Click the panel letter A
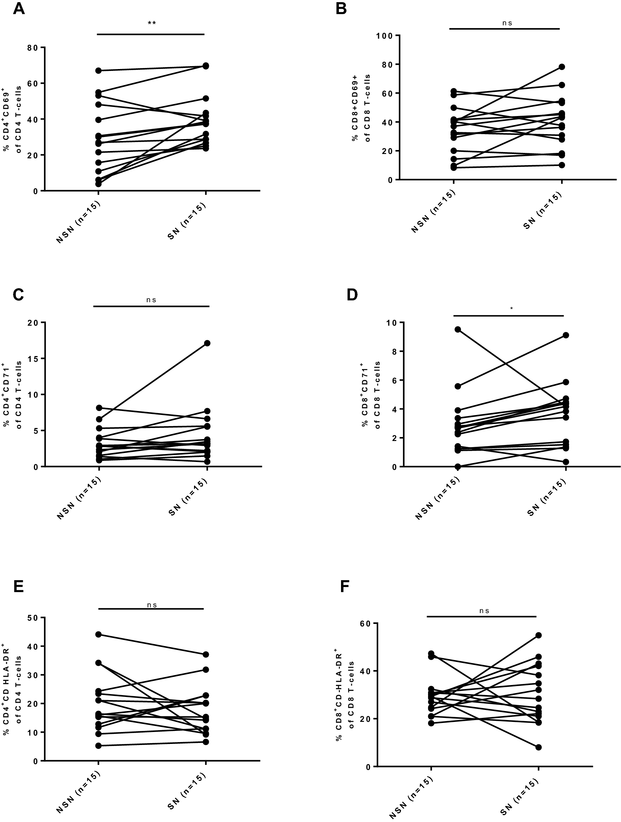coord(18,8)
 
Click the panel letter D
coord(352,295)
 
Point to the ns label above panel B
coord(507,23)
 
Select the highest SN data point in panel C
coord(207,343)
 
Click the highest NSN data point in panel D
coord(458,329)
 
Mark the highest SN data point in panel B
coord(562,67)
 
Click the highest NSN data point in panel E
coord(99,634)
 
